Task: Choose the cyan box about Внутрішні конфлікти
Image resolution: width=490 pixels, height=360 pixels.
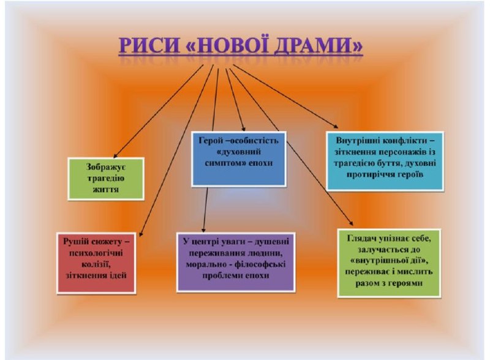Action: coord(385,158)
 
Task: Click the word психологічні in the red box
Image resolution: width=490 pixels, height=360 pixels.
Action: coord(91,252)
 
